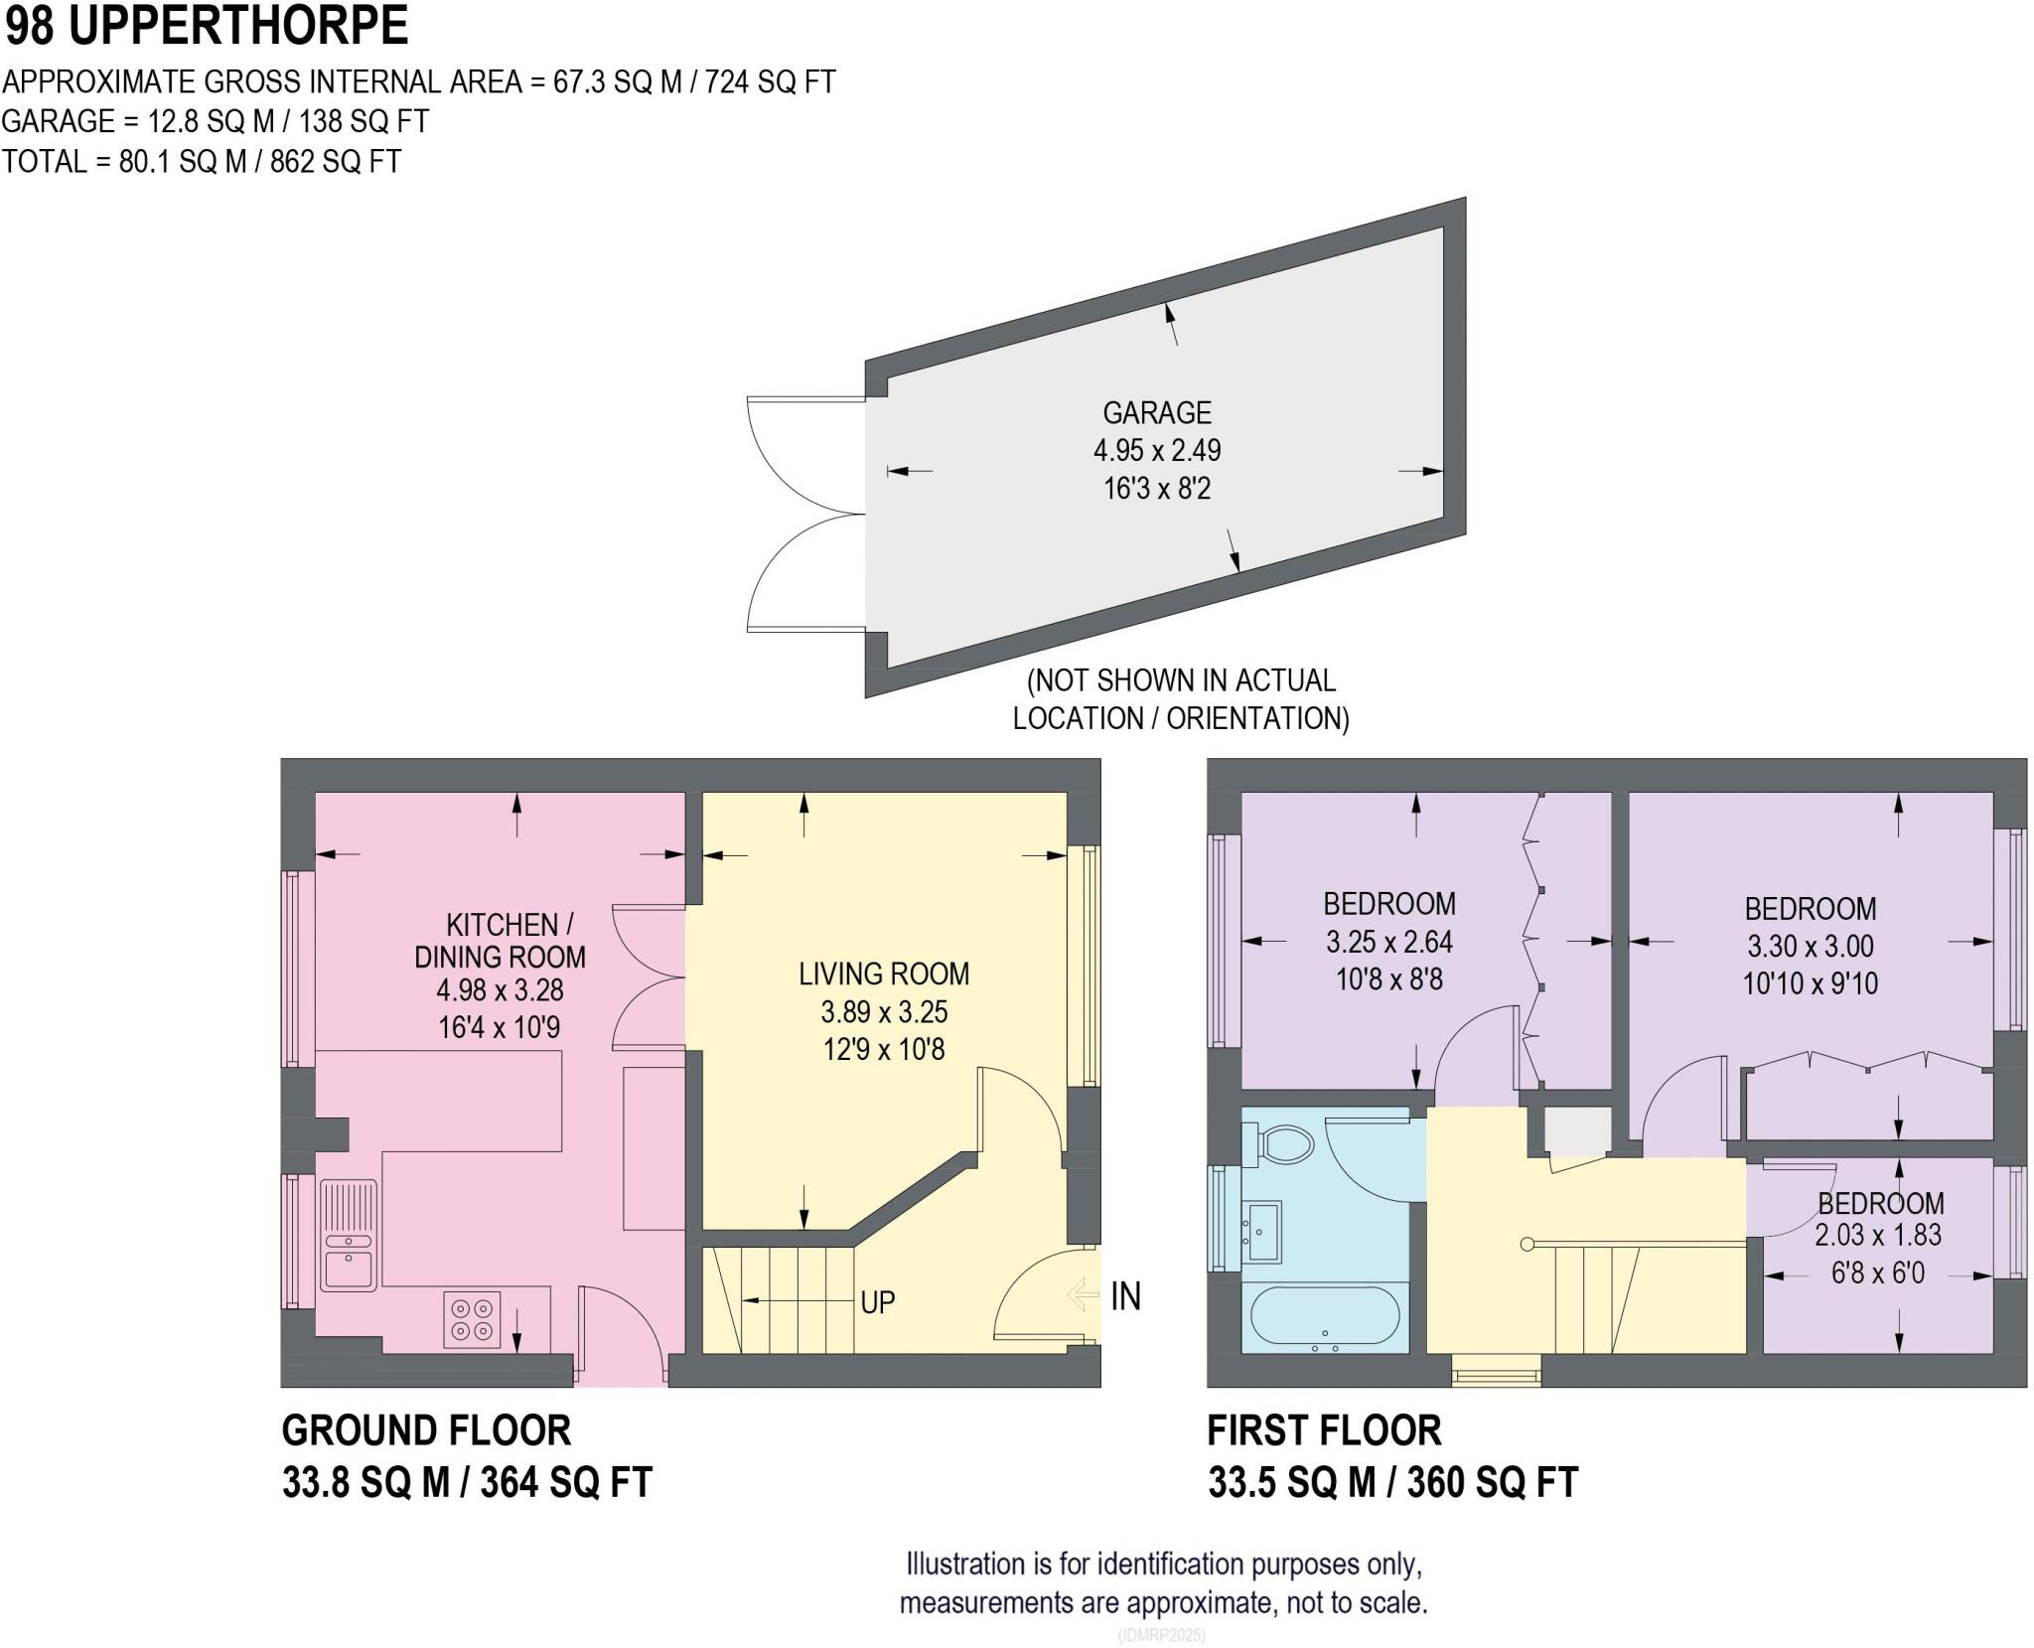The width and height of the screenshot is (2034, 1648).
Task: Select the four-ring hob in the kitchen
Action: click(472, 1319)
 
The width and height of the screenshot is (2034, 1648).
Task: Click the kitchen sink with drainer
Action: click(348, 1235)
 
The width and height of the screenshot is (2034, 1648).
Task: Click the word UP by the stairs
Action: click(877, 1301)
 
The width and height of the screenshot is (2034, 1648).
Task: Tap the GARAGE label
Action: click(1156, 412)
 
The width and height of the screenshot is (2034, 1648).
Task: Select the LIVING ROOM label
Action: click(883, 974)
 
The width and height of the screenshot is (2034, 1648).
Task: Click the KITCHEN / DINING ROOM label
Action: click(500, 941)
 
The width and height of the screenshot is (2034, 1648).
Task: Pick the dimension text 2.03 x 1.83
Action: click(1878, 1235)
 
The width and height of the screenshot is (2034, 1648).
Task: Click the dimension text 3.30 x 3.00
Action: click(1810, 946)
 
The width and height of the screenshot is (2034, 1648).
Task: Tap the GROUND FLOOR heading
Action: click(426, 1430)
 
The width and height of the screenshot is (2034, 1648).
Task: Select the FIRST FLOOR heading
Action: click(1323, 1430)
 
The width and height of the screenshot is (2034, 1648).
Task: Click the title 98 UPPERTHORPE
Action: click(207, 26)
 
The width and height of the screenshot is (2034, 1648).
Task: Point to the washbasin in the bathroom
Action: click(1263, 1230)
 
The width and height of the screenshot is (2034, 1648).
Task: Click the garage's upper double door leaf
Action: click(804, 455)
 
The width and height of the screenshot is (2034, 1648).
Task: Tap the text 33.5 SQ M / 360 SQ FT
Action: click(1391, 1482)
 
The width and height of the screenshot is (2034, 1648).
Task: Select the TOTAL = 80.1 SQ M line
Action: click(202, 161)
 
